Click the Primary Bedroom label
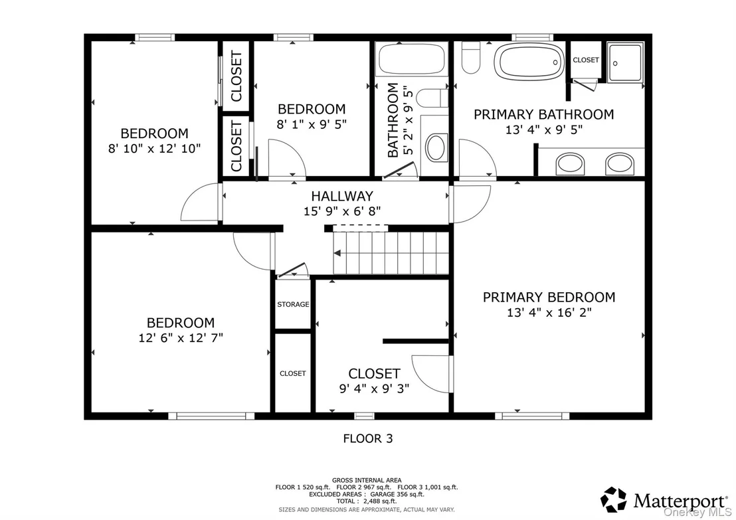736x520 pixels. coord(549,297)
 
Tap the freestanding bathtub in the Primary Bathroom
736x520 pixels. coord(529,62)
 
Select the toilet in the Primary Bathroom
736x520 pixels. coord(470,57)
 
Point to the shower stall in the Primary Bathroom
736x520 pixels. coord(625,62)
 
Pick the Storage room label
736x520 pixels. coord(293,304)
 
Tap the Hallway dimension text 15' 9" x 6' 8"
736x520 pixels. coord(342,211)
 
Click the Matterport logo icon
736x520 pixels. coord(614,499)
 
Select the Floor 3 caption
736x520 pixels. coord(368,438)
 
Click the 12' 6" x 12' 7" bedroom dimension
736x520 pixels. coord(181,337)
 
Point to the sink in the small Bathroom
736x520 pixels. coord(436,148)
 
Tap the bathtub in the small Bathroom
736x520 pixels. coord(412,59)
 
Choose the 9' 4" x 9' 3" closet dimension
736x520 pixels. coord(374,389)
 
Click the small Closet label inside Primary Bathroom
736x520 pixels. coord(586,60)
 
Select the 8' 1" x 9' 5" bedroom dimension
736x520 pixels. coord(312,124)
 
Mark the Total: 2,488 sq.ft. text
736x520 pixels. coord(367,501)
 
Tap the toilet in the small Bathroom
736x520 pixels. coord(432,98)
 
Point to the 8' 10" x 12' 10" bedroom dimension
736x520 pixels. coord(154,149)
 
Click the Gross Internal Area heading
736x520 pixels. coord(367,480)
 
